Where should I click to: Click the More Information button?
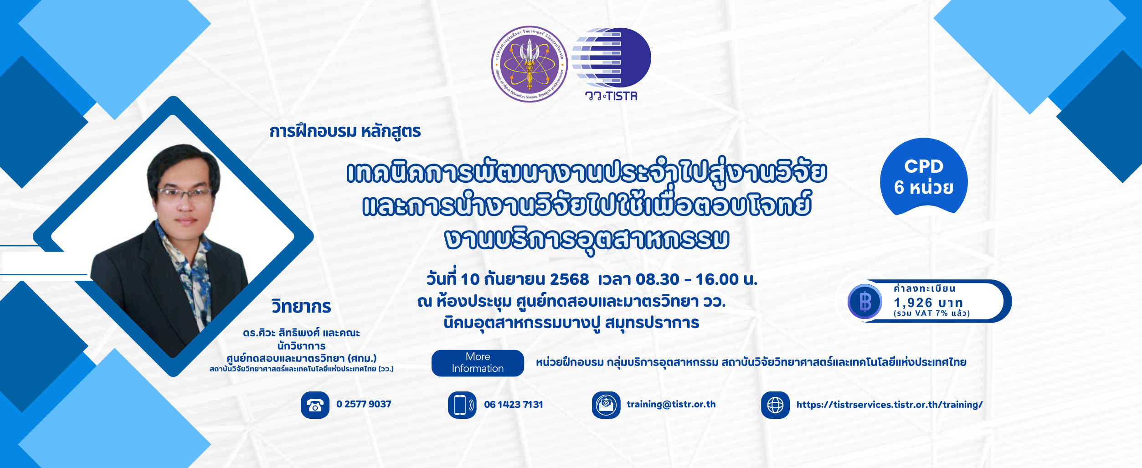478,363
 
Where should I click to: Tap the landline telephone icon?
315,405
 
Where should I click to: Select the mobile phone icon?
462,405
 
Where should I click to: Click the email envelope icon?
606,405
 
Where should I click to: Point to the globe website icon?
775,405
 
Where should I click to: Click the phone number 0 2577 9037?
364,404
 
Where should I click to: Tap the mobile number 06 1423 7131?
514,405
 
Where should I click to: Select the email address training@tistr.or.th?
671,404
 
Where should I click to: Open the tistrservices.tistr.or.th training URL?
890,405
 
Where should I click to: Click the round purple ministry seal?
530,64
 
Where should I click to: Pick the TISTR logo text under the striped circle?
611,96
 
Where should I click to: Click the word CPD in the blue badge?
924,166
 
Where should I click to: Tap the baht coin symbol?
865,301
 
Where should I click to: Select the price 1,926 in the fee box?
913,303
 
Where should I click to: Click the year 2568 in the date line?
570,279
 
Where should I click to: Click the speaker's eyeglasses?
185,195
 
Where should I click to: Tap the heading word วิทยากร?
301,306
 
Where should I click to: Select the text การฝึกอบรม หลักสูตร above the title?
345,131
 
